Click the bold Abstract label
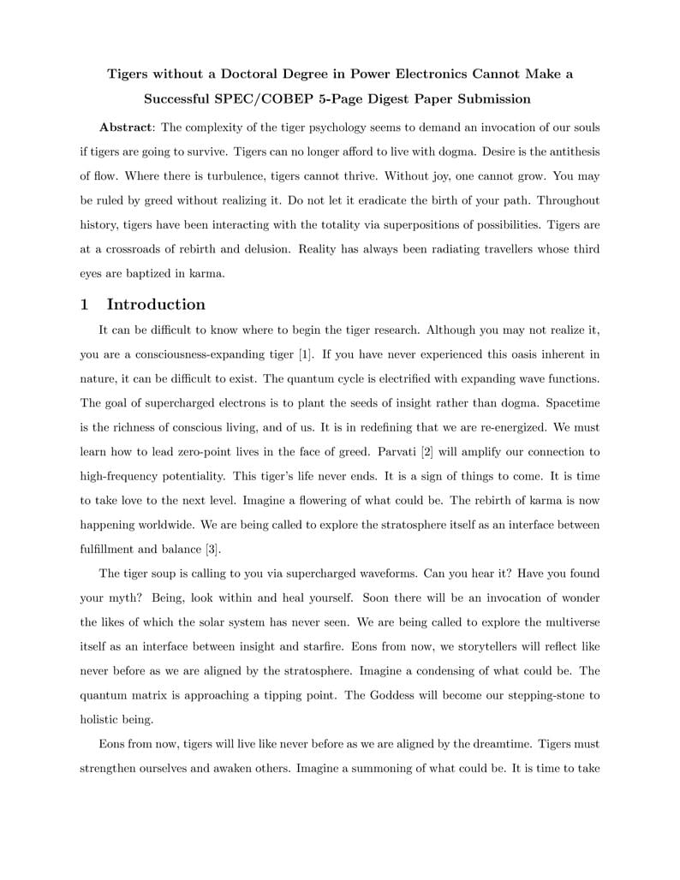point(125,128)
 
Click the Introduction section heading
point(156,305)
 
